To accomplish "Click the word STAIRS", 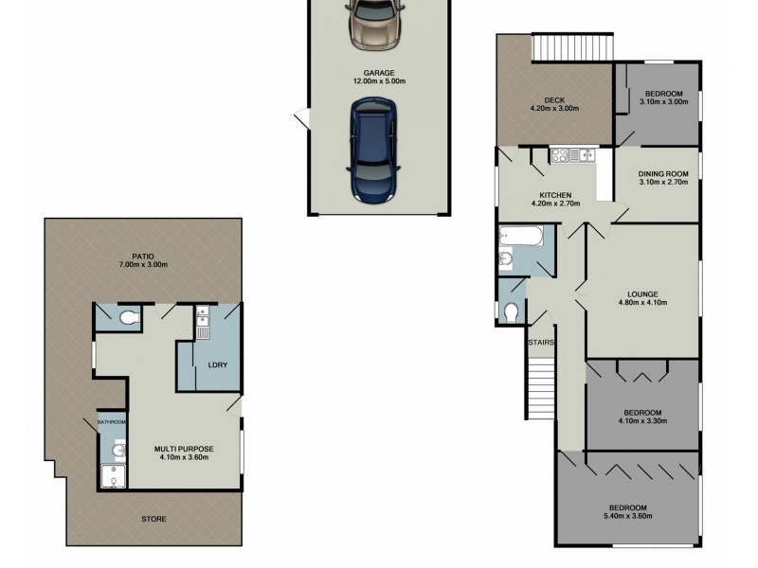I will [x=541, y=343].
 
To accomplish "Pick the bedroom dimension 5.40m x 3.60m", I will [x=628, y=516].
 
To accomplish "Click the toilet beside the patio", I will [x=128, y=318].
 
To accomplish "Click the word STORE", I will [x=153, y=518].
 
